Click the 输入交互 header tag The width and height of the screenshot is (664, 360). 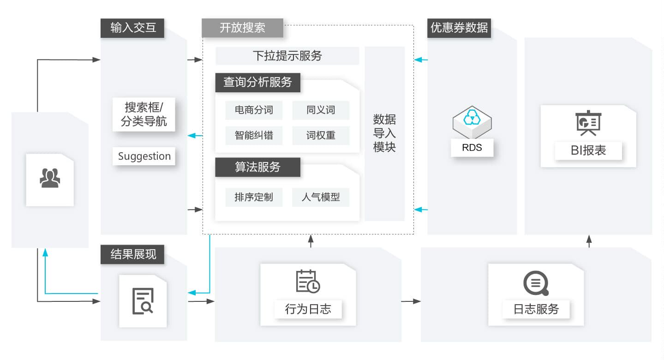(x=132, y=28)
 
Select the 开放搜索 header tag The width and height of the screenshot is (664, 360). (x=242, y=28)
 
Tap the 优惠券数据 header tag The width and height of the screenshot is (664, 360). (x=459, y=28)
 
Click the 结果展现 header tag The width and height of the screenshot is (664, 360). (x=132, y=254)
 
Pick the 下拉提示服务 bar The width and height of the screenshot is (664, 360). (x=287, y=56)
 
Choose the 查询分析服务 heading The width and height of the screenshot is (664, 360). (x=257, y=83)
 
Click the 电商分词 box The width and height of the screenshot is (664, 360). (x=253, y=110)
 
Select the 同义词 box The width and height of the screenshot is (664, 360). (x=321, y=110)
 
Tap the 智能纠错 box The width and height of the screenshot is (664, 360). (x=253, y=135)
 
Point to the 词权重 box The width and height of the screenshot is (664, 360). (x=321, y=135)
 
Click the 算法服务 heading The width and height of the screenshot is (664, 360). (x=257, y=167)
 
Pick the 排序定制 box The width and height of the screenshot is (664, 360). (x=253, y=197)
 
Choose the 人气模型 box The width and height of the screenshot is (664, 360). (x=321, y=197)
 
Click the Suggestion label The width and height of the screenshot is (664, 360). (x=144, y=156)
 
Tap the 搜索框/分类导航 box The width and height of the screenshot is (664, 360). (x=144, y=114)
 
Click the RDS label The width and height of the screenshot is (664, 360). (x=472, y=148)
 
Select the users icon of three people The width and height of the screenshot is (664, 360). (x=50, y=178)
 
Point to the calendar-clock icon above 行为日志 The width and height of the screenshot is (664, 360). (x=308, y=281)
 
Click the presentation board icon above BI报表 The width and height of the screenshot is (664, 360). (x=588, y=123)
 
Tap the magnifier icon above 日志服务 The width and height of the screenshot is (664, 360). (x=536, y=283)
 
